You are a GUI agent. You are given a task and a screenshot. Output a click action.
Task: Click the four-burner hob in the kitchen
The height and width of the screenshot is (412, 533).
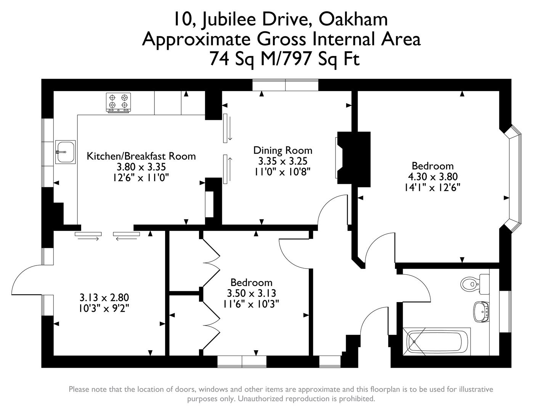coord(118,102)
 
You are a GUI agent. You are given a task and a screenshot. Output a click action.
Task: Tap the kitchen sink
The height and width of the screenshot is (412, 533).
coord(66,152)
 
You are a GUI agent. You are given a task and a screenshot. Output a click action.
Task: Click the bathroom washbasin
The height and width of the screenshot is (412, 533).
coord(482,311)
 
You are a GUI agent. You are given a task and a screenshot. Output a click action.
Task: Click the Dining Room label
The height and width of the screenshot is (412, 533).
coord(283,150)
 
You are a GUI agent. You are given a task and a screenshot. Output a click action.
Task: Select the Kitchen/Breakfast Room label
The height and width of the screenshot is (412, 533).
coord(141,156)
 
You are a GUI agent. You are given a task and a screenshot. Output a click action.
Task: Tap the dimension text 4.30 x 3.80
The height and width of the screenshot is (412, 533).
coord(432,177)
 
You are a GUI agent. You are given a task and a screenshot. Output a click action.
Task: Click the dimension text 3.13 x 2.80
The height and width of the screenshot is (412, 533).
coord(104,297)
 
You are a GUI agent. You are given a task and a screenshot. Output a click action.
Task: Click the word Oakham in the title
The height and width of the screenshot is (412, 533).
coord(353,19)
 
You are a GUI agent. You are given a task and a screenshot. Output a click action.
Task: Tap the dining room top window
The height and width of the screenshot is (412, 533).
coord(285,85)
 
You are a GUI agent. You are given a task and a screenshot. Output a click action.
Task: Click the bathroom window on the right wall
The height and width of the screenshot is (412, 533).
coord(505,312)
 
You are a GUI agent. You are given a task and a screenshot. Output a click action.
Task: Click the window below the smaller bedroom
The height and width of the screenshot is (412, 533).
coord(242,361)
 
